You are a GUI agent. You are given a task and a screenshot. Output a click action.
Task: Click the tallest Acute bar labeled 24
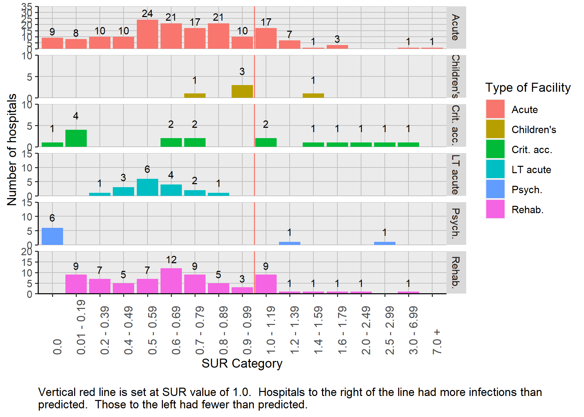point(147,34)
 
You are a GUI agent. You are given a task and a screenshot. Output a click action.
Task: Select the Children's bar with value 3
point(242,91)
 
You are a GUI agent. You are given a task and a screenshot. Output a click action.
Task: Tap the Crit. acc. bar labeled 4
point(76,138)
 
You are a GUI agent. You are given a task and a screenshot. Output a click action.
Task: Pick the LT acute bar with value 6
point(147,187)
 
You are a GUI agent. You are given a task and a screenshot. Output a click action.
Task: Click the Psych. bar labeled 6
point(52,236)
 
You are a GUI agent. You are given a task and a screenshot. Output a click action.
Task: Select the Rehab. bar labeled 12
point(171,281)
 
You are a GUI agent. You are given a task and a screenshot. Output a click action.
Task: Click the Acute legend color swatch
point(495,109)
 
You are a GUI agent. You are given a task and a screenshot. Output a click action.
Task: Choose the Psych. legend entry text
point(527,190)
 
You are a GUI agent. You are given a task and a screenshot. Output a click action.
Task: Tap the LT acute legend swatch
point(495,169)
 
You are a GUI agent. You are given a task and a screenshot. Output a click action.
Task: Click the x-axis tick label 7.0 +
point(437,342)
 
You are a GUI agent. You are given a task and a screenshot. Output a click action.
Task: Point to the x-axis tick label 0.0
point(57,347)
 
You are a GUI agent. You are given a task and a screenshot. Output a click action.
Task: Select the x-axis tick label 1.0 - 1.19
point(271,330)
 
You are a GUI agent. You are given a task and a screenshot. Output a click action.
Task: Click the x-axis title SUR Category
point(242,363)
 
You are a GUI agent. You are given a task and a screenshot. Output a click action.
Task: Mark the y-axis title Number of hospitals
point(12,149)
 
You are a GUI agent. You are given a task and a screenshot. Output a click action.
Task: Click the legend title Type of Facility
point(528,87)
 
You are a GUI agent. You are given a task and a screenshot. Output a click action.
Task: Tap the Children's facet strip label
point(456,76)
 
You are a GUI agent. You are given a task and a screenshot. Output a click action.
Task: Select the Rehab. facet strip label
point(456,272)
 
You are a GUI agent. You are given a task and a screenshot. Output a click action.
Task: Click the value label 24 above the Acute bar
point(147,13)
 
